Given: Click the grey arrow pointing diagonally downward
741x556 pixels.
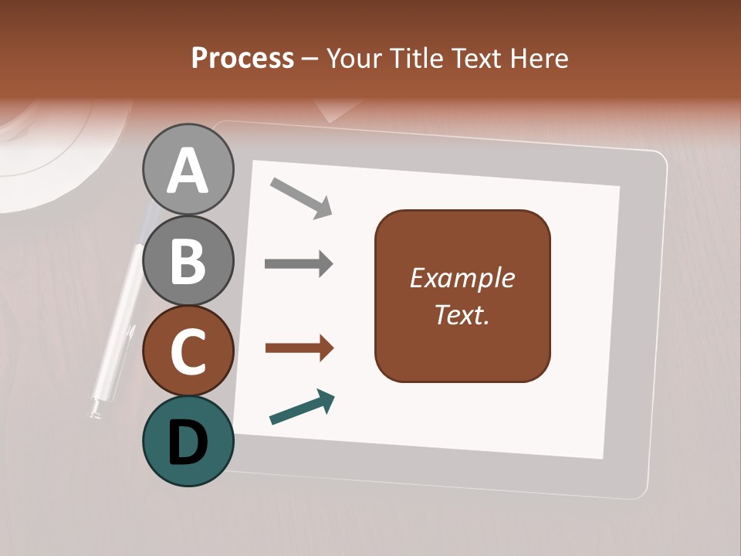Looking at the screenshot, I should (301, 198).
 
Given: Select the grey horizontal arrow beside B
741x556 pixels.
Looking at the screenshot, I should (299, 264).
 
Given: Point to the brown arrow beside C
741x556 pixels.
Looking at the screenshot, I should (299, 348).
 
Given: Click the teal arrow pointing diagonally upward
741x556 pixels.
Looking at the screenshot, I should (302, 408).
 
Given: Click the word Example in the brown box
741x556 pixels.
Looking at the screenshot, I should (462, 278).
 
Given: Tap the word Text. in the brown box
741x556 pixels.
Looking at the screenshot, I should (462, 315).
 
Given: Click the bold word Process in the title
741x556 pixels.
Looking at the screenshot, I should (242, 58).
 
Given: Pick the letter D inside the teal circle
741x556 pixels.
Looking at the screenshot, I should (188, 443).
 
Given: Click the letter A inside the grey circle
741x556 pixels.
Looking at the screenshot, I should (188, 171).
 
